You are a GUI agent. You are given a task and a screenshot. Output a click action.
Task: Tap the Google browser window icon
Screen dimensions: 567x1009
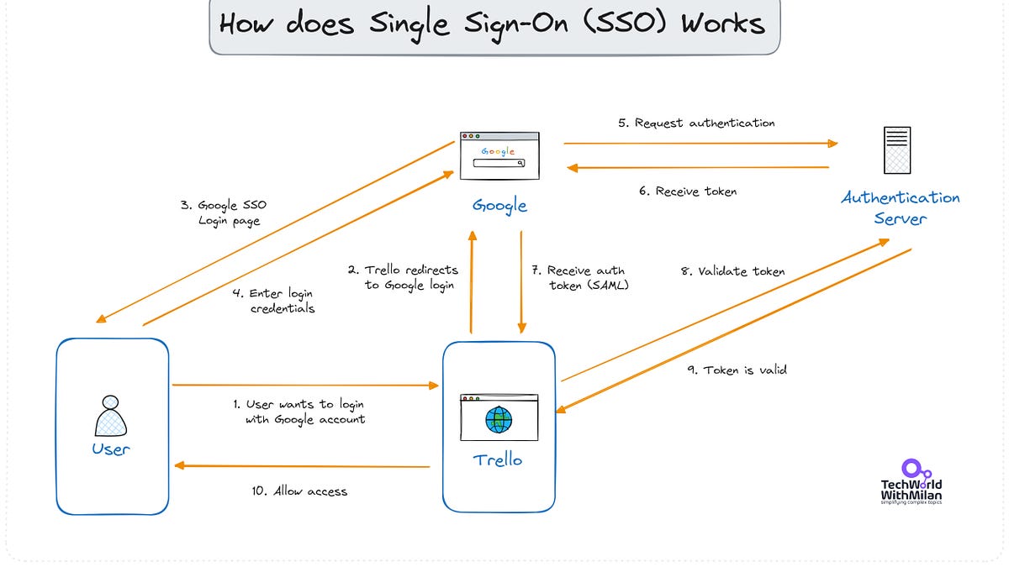(x=499, y=155)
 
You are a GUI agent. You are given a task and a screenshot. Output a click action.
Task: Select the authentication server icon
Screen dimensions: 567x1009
(x=897, y=150)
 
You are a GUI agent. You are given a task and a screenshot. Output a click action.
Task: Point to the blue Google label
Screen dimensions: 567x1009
(x=499, y=206)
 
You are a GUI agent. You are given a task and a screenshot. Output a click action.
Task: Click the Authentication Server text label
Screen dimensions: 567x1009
(x=900, y=208)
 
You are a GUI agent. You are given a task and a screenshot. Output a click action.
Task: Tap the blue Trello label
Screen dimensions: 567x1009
(x=498, y=460)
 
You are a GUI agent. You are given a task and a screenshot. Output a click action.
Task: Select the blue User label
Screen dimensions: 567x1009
(x=111, y=449)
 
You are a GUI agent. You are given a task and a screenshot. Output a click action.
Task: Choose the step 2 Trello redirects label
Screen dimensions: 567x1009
(x=403, y=277)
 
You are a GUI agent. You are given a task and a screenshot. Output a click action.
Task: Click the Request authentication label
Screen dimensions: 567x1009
(x=696, y=123)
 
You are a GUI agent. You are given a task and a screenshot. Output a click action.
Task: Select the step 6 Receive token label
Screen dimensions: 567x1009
(x=687, y=192)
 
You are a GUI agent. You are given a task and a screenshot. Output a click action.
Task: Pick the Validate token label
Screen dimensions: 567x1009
(x=732, y=271)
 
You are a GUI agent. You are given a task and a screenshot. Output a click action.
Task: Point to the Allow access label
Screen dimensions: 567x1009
(x=298, y=491)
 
